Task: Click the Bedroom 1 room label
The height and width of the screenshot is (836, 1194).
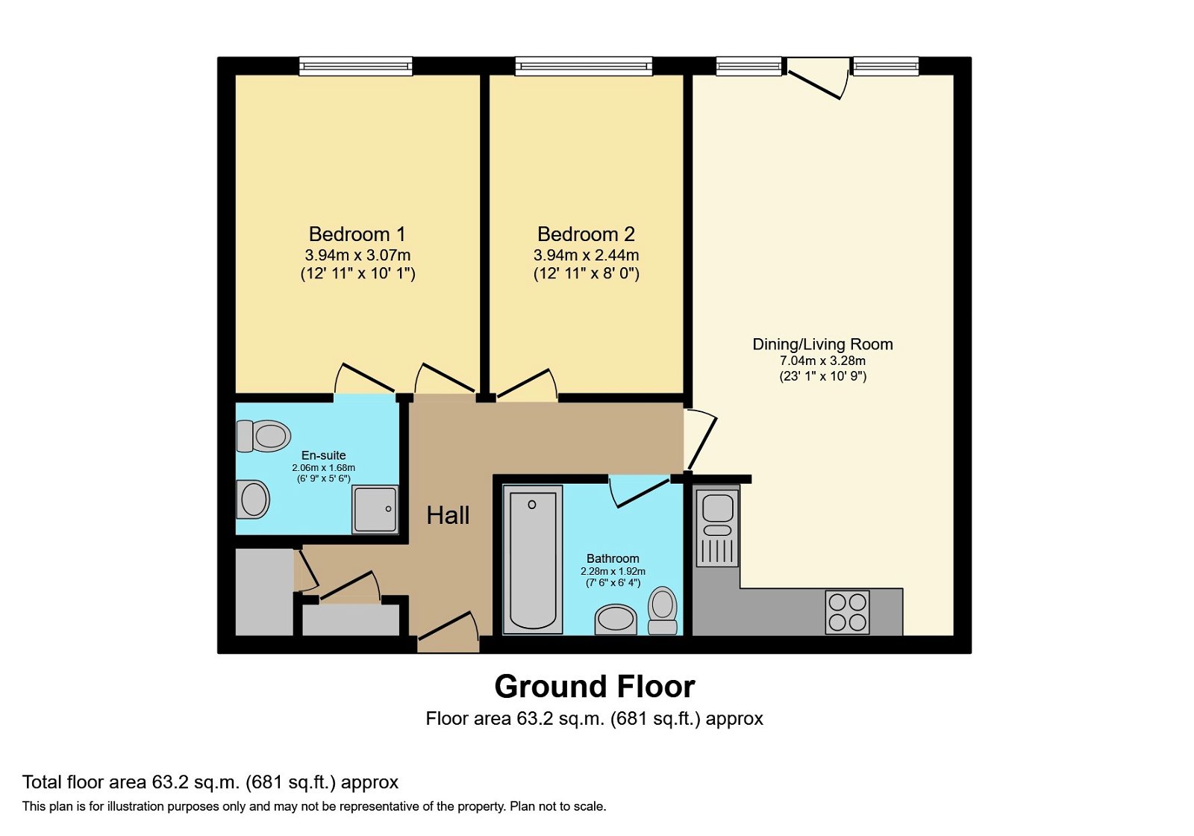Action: point(357,234)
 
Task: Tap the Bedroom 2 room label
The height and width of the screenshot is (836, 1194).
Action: point(586,234)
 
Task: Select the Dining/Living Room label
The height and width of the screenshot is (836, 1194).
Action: point(822,344)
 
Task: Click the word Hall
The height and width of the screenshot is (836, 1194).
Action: point(448,515)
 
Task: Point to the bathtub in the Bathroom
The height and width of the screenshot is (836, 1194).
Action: point(532,558)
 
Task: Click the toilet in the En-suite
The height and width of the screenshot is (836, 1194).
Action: point(263,436)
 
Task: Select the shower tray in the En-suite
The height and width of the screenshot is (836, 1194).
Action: point(375,509)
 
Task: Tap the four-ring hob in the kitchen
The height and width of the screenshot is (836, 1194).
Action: point(847,612)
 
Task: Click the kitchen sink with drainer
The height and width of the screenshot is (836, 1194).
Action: point(718,527)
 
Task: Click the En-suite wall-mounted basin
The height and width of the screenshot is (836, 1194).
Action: point(252,499)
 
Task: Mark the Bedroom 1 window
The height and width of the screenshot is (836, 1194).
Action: point(356,66)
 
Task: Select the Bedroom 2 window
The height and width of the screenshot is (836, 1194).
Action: point(584,66)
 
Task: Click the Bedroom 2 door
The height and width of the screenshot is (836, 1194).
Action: point(527,384)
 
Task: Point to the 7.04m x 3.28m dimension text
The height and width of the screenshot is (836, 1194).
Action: point(822,361)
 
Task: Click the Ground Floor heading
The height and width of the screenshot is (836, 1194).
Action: point(594,686)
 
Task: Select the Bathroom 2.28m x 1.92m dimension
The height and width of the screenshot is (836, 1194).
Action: point(613,571)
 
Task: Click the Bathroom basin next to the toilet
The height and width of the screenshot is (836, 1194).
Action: point(616,620)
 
